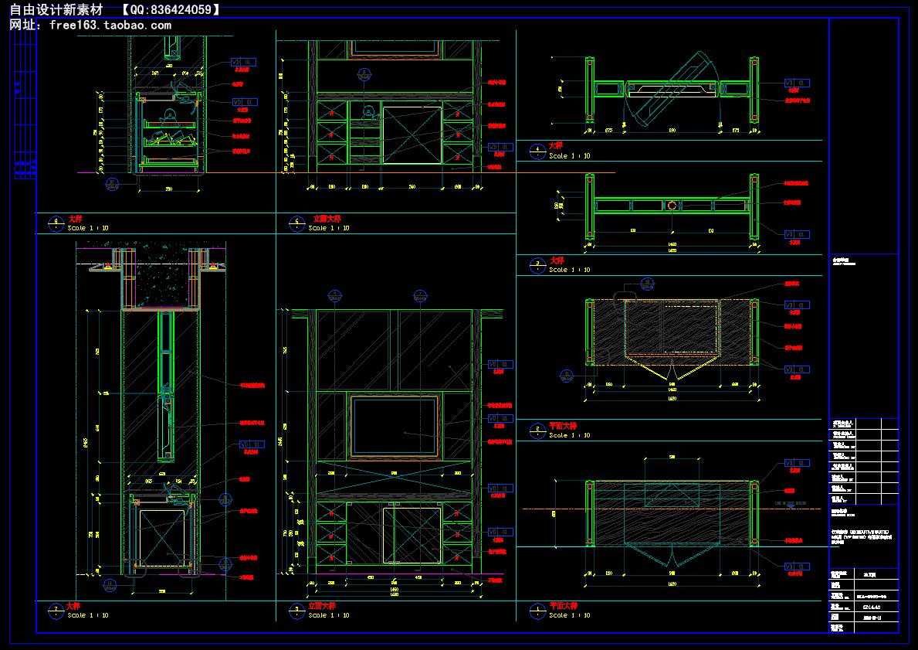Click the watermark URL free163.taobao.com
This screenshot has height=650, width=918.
tap(110, 24)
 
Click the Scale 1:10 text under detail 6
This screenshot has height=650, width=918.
tap(329, 229)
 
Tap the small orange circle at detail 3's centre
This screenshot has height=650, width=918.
tap(672, 206)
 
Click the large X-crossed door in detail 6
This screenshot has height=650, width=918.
tap(412, 134)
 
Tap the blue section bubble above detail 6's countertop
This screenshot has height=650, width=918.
tap(363, 74)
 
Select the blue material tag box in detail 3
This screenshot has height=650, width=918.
tap(797, 234)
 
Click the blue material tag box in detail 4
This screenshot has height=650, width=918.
tap(797, 82)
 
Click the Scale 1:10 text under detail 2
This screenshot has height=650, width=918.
tap(570, 435)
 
